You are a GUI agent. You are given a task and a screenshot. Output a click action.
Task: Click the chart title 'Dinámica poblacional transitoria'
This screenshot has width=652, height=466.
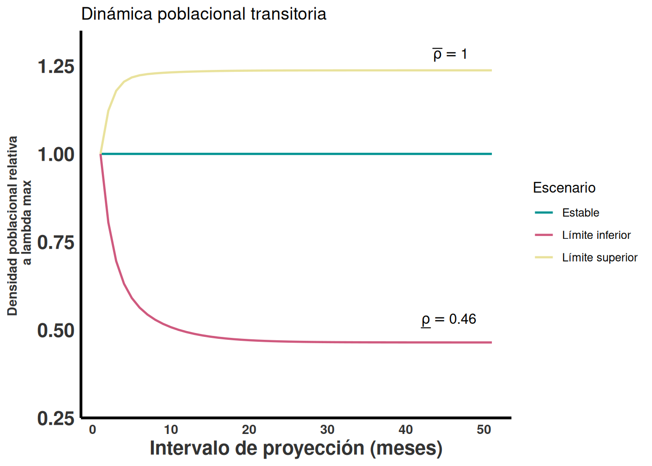coord(204,14)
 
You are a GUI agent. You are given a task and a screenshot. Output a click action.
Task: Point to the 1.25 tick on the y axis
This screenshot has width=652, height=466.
coord(56,67)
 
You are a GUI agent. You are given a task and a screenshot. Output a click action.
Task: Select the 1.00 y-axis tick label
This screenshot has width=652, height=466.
coord(56,154)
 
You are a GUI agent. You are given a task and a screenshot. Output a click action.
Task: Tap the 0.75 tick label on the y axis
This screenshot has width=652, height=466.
coord(56,242)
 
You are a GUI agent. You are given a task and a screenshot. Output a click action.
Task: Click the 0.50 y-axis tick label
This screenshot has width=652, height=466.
coord(56,331)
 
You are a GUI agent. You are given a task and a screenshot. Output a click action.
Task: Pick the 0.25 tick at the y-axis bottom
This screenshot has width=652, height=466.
coord(56,418)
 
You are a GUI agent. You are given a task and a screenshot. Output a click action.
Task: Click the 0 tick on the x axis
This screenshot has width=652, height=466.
coord(93,430)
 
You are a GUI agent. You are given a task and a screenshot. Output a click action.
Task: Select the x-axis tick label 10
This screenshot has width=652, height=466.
coord(171,430)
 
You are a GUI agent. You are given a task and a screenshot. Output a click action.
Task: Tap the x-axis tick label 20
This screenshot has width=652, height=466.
coord(249,430)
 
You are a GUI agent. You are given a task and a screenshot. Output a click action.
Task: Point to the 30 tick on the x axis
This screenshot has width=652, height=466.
coord(327,430)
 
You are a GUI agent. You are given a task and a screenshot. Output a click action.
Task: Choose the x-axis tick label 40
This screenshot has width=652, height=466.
coord(406,430)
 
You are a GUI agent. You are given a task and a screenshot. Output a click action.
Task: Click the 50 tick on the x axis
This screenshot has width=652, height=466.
coord(484,430)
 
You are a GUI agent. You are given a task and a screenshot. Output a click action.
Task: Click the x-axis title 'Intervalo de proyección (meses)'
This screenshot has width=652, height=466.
coord(296,448)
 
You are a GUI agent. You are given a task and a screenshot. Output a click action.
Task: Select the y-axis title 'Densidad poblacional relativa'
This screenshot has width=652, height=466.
coord(13,226)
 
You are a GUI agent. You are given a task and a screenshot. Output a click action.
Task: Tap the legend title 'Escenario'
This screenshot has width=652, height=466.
coord(564,188)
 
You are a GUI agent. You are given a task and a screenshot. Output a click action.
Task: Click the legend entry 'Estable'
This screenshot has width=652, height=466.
coord(580,213)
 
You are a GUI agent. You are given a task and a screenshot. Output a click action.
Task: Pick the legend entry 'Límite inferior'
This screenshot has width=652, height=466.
coord(596,235)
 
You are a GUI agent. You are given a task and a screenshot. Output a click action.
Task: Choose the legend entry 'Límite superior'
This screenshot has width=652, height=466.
coord(600,257)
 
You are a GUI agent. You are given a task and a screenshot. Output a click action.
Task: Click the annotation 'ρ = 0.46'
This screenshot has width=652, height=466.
coord(449,319)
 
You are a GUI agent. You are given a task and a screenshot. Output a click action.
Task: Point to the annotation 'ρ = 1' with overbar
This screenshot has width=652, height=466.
coord(450,54)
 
